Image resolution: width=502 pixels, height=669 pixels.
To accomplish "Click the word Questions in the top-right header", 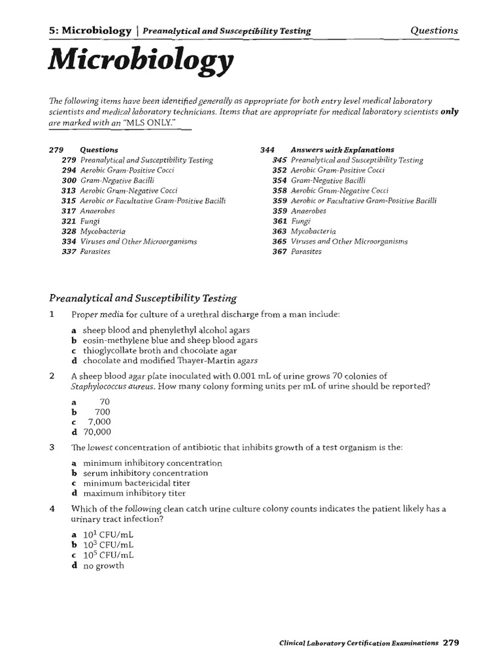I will click(x=434, y=30).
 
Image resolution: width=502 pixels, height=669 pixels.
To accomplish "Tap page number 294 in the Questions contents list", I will click(x=69, y=170).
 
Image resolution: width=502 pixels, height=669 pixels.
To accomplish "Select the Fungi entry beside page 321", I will click(x=90, y=221).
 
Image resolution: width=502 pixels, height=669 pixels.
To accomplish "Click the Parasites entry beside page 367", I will click(x=306, y=252).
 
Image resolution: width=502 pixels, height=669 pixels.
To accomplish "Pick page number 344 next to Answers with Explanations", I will click(x=268, y=150).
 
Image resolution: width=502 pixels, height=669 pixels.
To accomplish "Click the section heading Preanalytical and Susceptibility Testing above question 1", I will click(x=143, y=299).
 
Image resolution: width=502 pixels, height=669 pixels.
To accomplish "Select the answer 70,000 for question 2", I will click(x=97, y=432).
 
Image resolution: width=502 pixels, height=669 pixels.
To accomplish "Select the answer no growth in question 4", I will click(x=103, y=565).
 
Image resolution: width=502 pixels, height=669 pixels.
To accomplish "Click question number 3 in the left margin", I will click(x=52, y=448).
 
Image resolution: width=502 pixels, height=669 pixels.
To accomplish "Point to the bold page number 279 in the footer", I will click(x=451, y=642).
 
